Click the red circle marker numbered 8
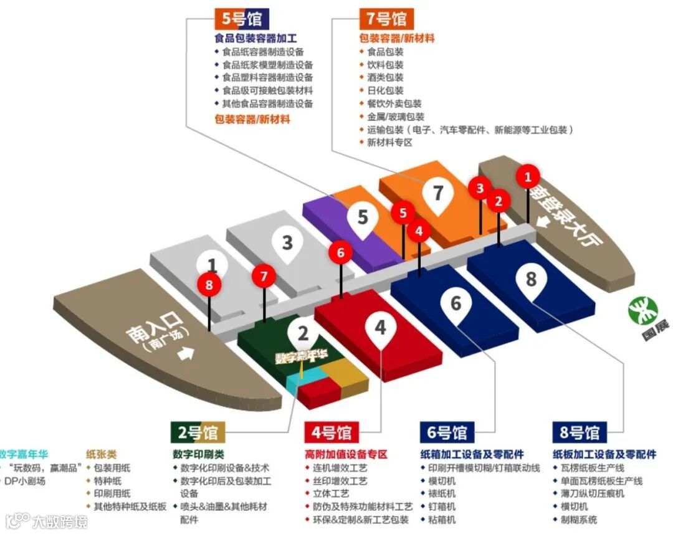pos(209,285)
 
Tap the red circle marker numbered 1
pos(528,177)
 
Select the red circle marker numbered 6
pos(340,253)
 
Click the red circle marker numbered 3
pos(480,188)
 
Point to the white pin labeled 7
pos(438,194)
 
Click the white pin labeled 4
pos(380,327)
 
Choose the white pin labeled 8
pos(531,279)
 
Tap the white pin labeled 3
pos(287,242)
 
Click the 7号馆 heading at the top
pos(386,19)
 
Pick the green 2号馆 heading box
pos(195,432)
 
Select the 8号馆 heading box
pos(579,432)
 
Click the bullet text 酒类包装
pos(385,77)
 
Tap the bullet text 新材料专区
pos(389,143)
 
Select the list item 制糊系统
pos(579,520)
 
